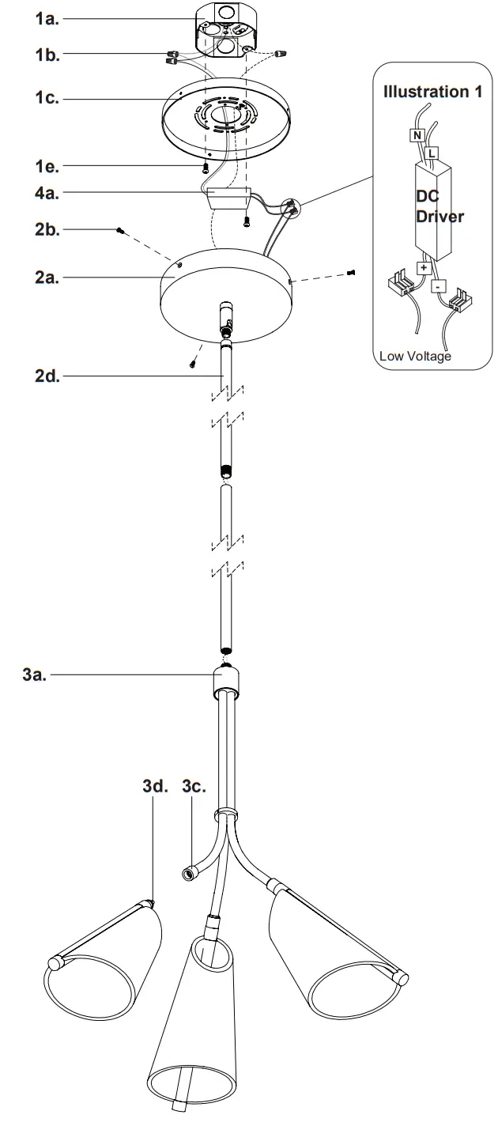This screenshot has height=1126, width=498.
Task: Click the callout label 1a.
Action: tap(47, 20)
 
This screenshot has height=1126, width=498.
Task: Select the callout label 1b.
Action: tap(47, 55)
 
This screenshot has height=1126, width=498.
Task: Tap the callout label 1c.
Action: tap(47, 100)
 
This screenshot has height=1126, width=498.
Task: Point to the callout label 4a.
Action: tap(47, 192)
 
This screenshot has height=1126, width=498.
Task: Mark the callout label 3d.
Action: tap(156, 788)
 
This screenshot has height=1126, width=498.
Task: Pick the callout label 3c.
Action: tap(194, 788)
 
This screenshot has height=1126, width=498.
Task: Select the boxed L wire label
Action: tap(432, 151)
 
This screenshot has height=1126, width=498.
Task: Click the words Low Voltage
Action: tap(415, 357)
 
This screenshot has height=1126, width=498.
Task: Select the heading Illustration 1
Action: tap(432, 92)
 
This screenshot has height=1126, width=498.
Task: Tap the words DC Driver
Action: tap(439, 206)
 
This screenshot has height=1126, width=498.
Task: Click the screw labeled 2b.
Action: tap(120, 230)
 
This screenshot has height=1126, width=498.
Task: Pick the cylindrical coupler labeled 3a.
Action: tap(227, 682)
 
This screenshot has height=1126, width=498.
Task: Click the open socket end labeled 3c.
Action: tap(190, 873)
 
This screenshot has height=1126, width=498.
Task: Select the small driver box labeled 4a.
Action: tap(228, 197)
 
